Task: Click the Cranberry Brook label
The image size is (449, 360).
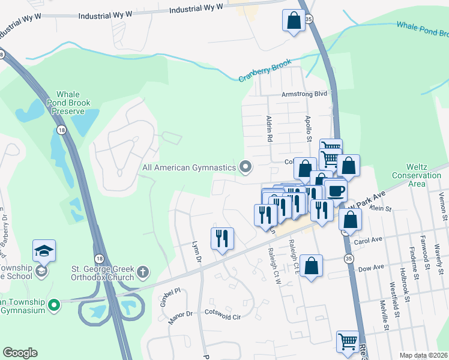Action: [265, 70]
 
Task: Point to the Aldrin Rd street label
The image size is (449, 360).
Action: [268, 128]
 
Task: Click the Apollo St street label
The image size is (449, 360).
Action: [309, 128]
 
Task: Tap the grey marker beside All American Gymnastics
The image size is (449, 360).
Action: [245, 166]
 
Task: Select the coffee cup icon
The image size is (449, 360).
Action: [336, 190]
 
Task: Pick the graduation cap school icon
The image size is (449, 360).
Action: [44, 251]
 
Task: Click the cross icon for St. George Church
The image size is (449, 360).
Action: [143, 272]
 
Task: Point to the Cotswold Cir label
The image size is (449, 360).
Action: [223, 313]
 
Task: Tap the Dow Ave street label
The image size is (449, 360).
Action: [370, 267]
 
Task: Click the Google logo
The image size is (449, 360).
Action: [20, 352]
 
